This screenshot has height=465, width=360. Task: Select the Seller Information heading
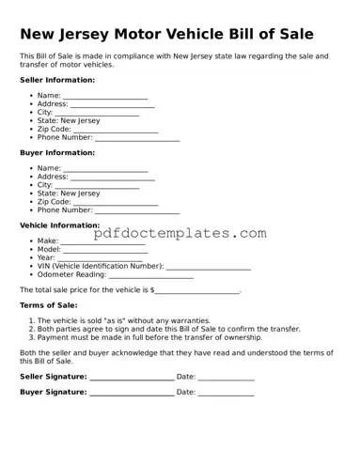56,80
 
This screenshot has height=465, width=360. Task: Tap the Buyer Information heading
56,152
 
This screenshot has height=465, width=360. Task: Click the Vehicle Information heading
59,225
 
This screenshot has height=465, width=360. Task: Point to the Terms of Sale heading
48,305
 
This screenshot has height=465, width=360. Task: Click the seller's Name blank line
105,97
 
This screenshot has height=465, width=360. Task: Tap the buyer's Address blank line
113,178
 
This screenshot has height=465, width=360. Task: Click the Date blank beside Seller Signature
226,378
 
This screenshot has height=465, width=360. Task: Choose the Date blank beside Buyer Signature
226,394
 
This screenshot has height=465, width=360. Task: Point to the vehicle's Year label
46,257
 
